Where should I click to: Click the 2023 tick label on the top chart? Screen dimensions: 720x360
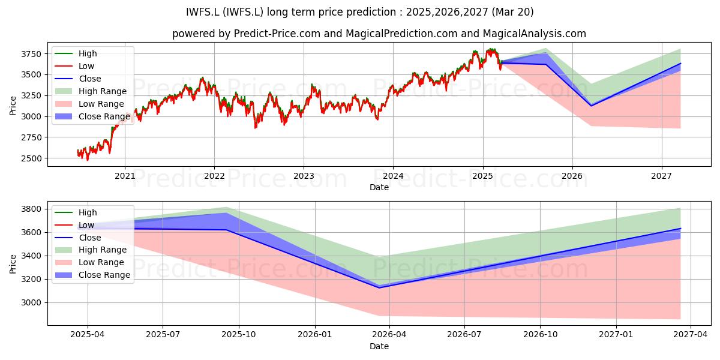(304, 176)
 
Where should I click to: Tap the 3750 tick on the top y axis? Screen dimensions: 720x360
(31, 54)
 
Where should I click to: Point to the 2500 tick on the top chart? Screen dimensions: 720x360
(31, 158)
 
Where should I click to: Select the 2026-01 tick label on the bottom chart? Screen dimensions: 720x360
(314, 335)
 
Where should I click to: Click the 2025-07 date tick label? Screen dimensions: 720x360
(163, 335)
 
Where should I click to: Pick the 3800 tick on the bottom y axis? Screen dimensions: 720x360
(31, 209)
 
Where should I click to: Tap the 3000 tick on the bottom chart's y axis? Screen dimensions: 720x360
(31, 303)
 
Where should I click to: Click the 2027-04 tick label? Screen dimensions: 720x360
(691, 335)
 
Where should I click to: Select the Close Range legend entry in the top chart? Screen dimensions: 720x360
(92, 116)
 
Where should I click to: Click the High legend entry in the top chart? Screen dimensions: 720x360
(76, 53)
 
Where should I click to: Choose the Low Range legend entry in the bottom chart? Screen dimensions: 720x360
(89, 262)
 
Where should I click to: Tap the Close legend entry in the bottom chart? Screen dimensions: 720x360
(78, 238)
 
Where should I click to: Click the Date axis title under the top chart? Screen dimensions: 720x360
(379, 187)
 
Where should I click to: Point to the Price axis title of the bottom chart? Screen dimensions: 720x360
(13, 264)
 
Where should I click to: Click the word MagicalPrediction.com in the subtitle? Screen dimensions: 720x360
(401, 34)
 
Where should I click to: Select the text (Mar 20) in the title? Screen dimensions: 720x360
(512, 12)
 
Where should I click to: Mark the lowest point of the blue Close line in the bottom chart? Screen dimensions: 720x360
(380, 287)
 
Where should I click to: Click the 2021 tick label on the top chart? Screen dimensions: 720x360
(125, 176)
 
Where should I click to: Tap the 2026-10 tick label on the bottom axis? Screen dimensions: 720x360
(541, 335)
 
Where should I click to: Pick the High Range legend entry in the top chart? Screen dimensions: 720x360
(91, 91)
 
